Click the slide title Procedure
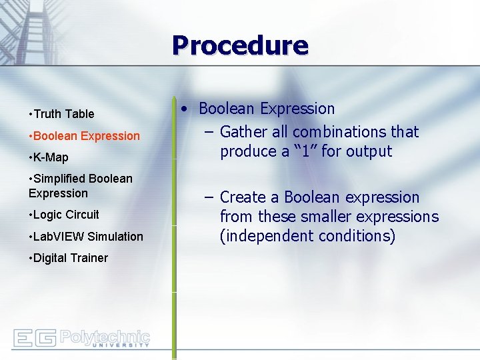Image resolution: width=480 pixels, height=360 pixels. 240,45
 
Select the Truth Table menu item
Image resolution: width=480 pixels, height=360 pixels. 63,114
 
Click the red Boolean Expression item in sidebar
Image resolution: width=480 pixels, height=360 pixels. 86,136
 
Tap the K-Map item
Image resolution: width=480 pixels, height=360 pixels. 50,157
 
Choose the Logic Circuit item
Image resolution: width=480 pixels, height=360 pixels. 65,215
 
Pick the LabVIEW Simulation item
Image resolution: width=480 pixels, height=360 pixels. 87,237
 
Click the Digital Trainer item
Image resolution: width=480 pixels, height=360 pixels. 70,258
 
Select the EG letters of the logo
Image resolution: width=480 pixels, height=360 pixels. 34,339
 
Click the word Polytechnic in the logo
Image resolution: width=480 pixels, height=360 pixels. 105,335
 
